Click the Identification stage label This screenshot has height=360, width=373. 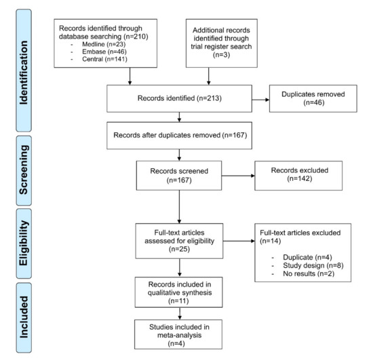24,71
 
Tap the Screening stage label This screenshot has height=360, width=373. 24,170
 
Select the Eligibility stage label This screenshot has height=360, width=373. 24,243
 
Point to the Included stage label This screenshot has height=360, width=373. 24,318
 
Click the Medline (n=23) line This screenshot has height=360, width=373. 104,44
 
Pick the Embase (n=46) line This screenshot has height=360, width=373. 104,52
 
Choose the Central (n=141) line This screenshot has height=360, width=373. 104,59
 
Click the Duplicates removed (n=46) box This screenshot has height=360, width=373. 313,98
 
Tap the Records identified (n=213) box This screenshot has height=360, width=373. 179,98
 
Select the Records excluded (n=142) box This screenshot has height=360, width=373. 298,176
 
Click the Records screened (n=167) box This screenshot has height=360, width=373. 179,176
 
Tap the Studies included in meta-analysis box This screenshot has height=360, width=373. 178,334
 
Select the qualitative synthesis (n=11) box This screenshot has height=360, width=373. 178,292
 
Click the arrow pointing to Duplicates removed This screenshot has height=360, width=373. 260,100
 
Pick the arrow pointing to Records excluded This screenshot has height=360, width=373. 238,176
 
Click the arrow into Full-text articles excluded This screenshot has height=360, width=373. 239,241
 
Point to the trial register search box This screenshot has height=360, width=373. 222,43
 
